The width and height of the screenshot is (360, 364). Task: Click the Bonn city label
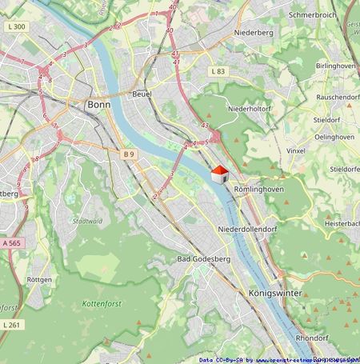[x=100, y=105]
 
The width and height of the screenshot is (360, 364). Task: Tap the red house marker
[x=219, y=174]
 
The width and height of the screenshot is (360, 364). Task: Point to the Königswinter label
[x=275, y=294]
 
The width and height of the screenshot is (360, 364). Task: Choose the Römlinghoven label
[x=259, y=189]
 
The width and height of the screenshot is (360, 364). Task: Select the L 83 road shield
[x=218, y=71]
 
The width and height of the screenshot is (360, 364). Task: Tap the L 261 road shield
[x=11, y=325]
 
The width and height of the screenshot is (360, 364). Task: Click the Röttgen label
[x=39, y=280]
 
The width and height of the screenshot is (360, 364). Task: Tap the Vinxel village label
[x=296, y=150]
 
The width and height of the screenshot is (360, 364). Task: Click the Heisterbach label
[x=342, y=225]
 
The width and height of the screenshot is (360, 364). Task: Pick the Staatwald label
[x=87, y=221]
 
